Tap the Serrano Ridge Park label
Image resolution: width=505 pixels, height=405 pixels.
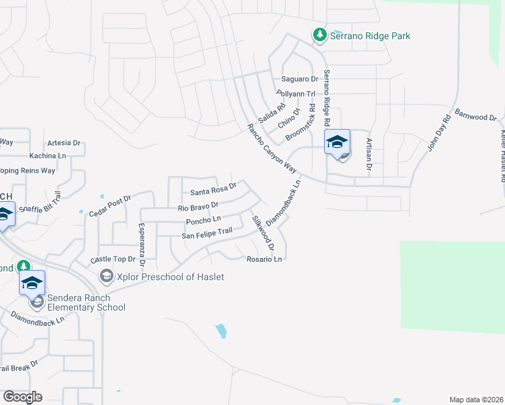coord(370,36)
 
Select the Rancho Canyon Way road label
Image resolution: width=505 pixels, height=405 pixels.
coord(272,148)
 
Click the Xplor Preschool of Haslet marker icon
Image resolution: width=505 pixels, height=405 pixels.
coord(106,277)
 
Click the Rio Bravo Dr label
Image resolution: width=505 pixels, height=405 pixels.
coord(198,207)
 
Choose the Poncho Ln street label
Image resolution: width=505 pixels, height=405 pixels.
coord(203,220)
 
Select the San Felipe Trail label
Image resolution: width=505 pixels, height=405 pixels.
coord(207,234)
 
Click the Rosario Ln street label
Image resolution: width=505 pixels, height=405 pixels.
coord(263,259)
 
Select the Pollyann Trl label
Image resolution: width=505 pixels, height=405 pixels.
coord(296,94)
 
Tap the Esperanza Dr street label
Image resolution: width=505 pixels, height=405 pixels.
coord(142,240)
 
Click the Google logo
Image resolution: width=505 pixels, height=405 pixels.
coord(22,396)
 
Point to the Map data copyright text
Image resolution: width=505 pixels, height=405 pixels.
coord(476,400)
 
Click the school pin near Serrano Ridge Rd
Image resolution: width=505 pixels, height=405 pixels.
coord(338,143)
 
